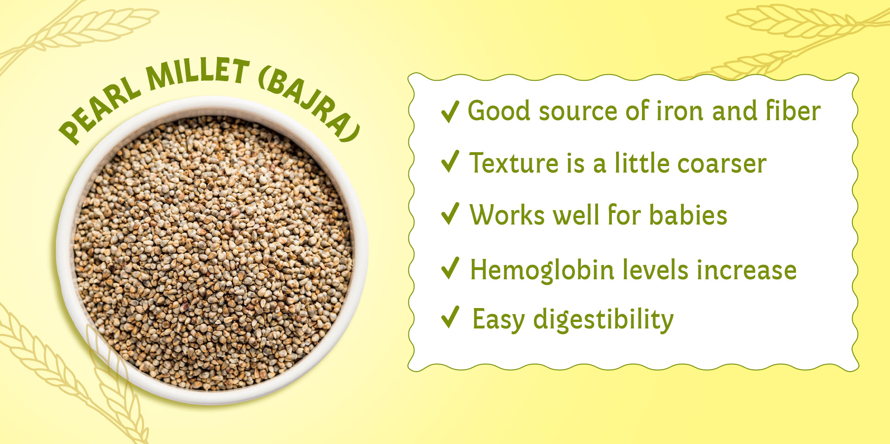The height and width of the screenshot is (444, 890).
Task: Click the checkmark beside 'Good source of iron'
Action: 450,111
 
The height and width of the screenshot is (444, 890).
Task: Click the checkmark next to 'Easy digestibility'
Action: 450,317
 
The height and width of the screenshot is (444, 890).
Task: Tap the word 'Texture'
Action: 514,163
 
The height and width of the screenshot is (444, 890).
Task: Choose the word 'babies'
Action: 688,215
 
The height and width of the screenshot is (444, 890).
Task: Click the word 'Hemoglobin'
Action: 542,270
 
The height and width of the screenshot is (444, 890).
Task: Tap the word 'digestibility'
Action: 603,320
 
